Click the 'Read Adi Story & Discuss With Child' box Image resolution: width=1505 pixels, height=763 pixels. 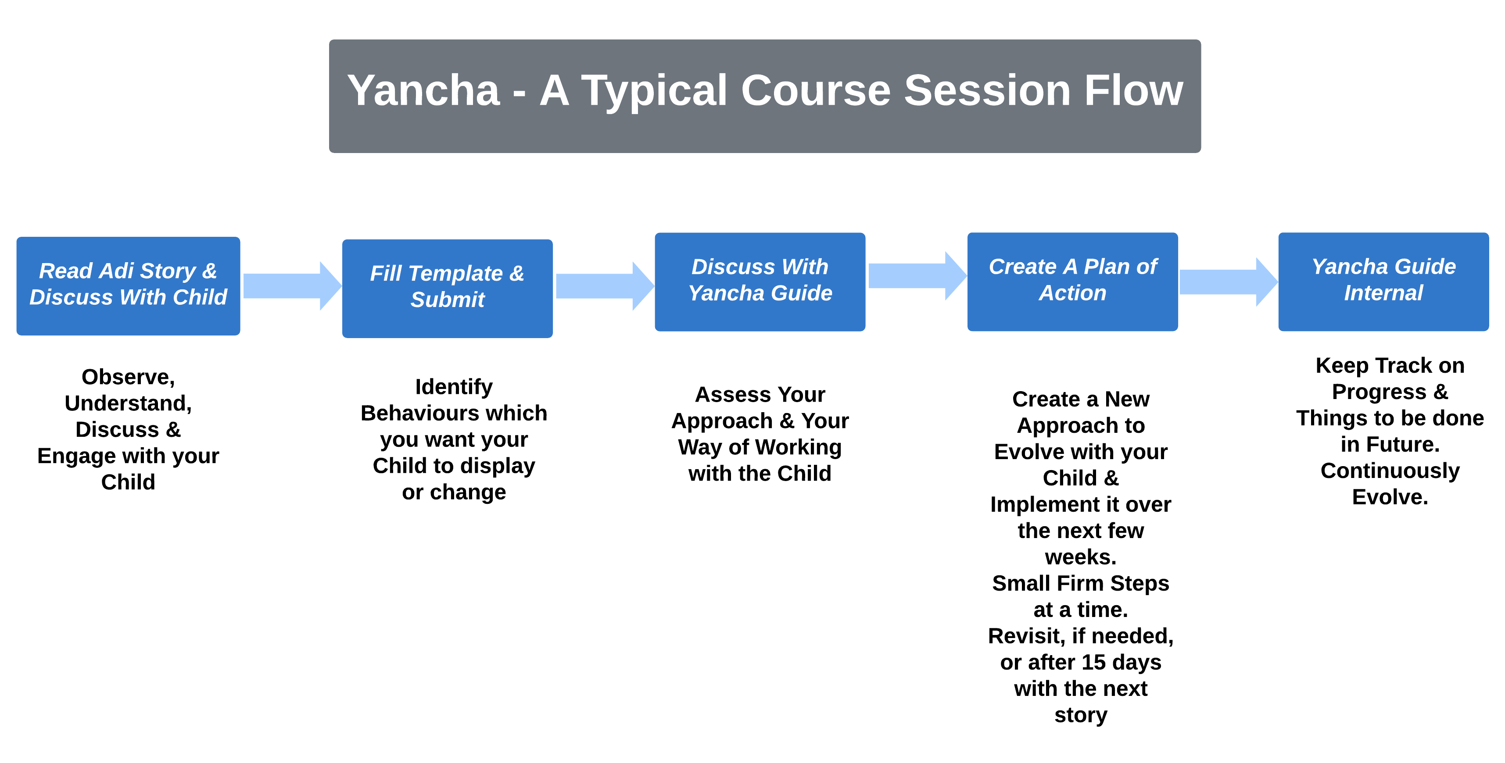[x=128, y=285]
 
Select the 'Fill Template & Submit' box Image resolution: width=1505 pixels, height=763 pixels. [x=447, y=289]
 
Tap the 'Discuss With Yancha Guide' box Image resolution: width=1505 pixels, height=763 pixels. [x=760, y=282]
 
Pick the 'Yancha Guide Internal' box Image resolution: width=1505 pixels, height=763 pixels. [x=1383, y=282]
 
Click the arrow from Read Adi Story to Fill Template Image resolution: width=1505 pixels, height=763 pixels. [x=292, y=285]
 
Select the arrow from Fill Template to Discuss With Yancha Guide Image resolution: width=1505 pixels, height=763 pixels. [x=605, y=285]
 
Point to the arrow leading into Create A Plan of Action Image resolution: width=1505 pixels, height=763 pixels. [x=917, y=275]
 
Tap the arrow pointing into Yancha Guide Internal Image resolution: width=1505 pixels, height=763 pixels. [x=1229, y=282]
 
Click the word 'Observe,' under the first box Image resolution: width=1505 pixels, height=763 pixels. [x=128, y=377]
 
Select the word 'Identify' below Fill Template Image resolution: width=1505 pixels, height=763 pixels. [x=454, y=387]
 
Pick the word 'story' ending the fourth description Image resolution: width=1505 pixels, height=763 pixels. [x=1080, y=715]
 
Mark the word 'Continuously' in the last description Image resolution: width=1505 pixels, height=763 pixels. [x=1390, y=471]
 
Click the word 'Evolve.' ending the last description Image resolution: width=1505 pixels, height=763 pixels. [x=1390, y=497]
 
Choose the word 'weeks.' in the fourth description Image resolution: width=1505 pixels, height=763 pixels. [x=1080, y=557]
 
